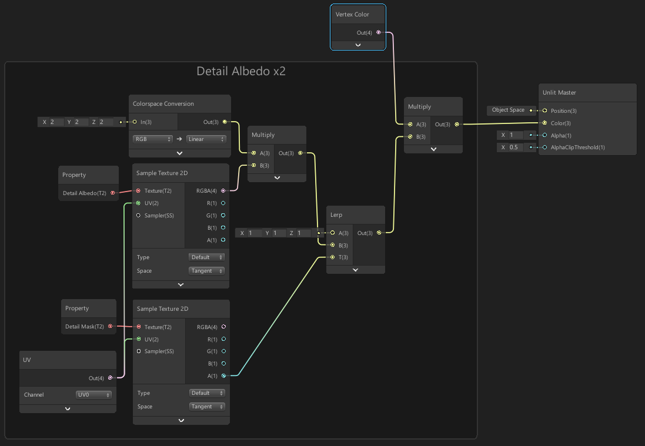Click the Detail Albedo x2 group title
240,72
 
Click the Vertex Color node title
352,14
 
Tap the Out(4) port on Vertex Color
378,32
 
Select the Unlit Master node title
559,92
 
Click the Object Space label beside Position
508,110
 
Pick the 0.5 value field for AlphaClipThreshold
514,147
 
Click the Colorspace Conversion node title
163,103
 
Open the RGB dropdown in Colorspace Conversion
152,139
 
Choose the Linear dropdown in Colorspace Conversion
206,139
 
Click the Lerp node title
336,214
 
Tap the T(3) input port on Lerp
332,257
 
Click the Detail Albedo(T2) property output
112,193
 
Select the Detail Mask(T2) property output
110,326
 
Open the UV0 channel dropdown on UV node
93,395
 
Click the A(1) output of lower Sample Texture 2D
223,376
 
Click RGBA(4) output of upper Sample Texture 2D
223,190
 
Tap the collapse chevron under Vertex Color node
358,45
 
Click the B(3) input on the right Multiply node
410,137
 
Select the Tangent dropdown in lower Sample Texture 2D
206,407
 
